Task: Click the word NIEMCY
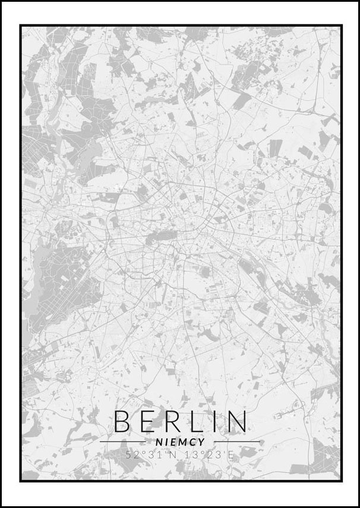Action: tap(180, 442)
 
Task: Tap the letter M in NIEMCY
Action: tap(184, 442)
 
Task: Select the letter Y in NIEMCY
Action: tap(202, 442)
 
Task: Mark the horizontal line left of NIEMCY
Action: tap(122, 442)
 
